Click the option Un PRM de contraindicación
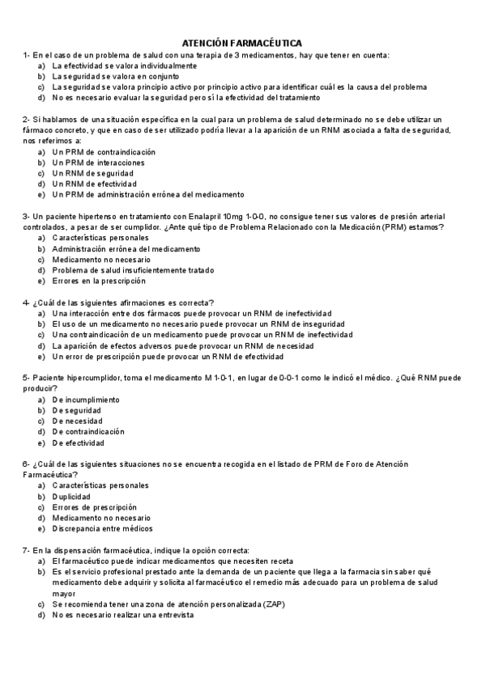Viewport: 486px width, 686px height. (104, 151)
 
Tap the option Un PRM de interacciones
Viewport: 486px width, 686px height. (98, 162)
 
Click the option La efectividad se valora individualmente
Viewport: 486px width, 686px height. (124, 65)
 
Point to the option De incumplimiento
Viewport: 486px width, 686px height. (86, 400)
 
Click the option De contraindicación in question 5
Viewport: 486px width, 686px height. (88, 432)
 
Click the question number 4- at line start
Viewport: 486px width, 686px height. (27, 303)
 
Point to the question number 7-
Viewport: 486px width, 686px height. (27, 550)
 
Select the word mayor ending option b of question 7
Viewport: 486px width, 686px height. (64, 593)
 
